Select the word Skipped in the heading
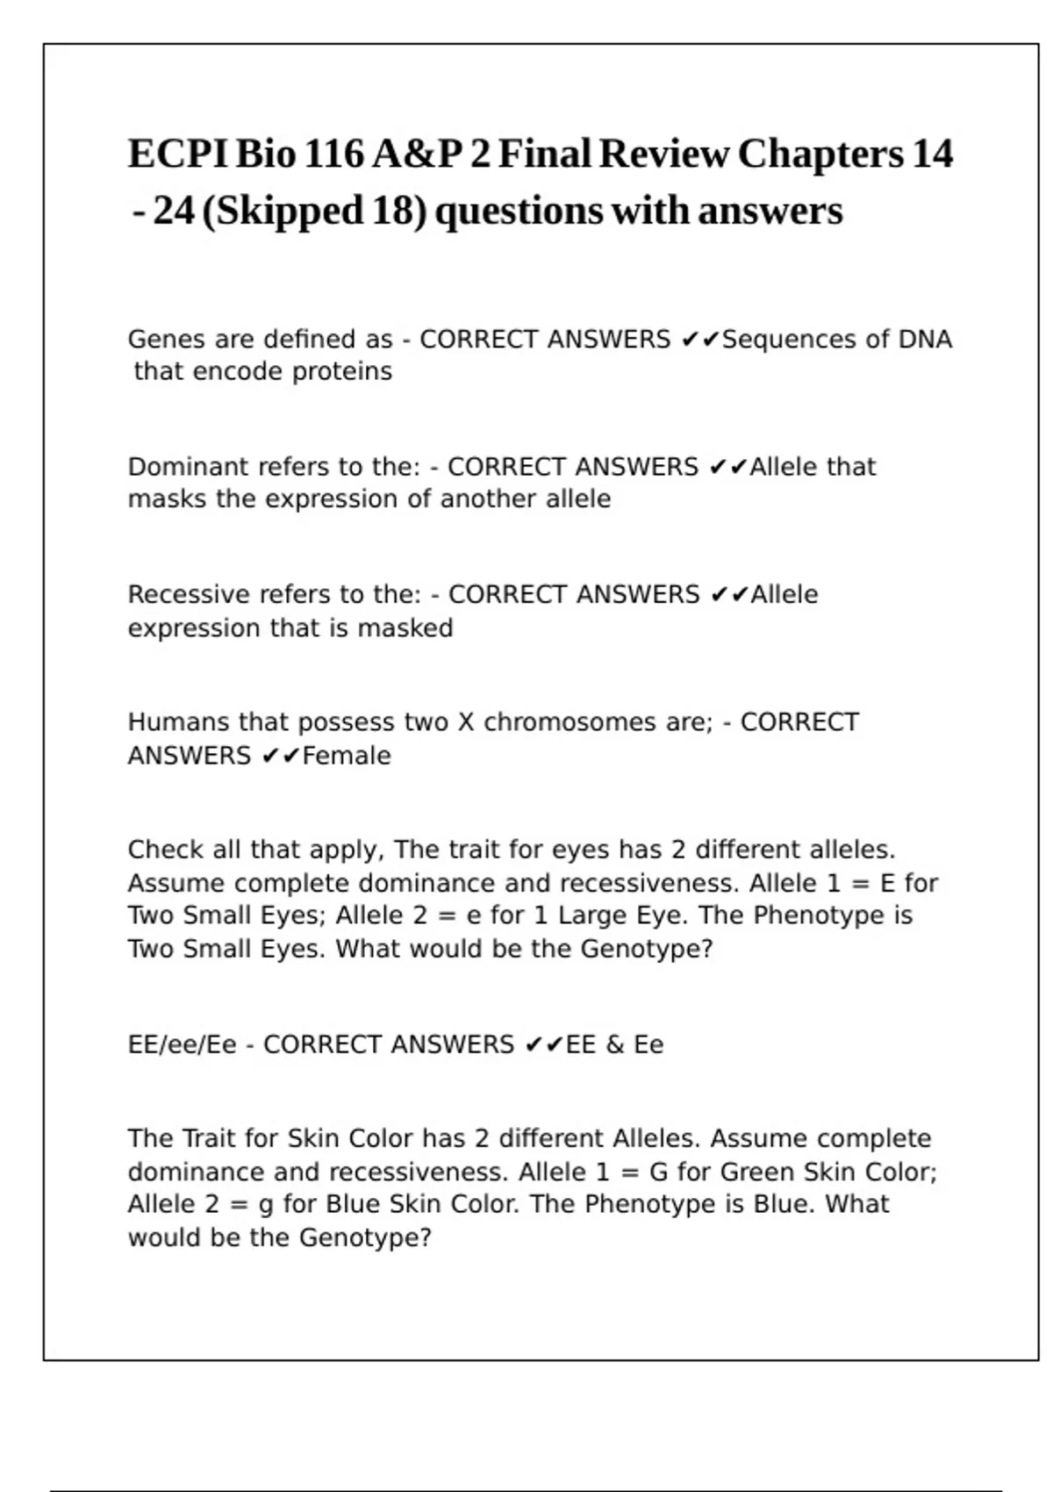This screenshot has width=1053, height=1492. [x=290, y=212]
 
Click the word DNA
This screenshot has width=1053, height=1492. [x=925, y=340]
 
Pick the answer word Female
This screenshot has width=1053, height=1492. [x=347, y=756]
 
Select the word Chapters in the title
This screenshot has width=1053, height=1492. [x=820, y=154]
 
